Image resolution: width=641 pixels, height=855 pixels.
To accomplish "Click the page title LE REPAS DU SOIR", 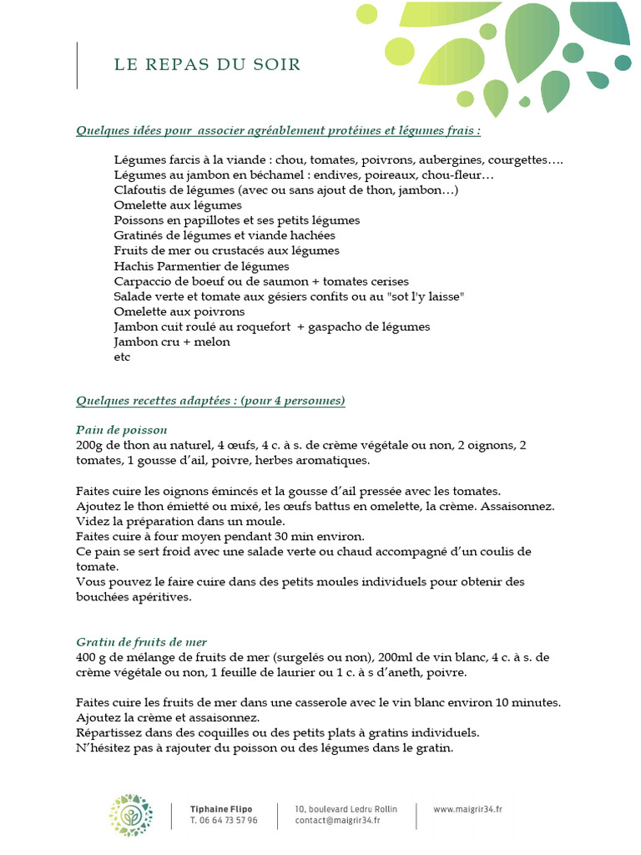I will [x=207, y=65].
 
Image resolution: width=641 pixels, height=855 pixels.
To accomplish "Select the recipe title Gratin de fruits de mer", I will [x=141, y=641].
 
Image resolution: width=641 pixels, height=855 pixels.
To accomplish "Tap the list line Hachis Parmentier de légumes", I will [x=201, y=266].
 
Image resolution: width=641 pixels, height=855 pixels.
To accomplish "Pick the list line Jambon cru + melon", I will [x=171, y=342].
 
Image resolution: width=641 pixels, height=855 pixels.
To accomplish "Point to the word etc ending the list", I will [x=122, y=357].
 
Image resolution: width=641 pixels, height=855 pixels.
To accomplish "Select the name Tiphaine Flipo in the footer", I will [x=220, y=808].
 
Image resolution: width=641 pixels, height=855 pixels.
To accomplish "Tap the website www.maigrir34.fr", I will [x=467, y=808].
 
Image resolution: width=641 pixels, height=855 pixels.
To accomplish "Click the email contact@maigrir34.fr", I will [x=337, y=820].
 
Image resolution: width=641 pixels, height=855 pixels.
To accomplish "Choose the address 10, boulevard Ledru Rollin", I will [x=346, y=808].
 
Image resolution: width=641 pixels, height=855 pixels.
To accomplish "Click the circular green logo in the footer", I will [x=131, y=814].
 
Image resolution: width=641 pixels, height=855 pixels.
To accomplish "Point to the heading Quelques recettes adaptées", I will [x=210, y=401].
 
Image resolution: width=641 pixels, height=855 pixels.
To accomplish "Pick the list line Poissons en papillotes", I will [x=236, y=220].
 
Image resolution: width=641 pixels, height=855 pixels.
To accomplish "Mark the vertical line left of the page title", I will [x=77, y=65].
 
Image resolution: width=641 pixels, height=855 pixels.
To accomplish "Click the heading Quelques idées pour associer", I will [x=277, y=131].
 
